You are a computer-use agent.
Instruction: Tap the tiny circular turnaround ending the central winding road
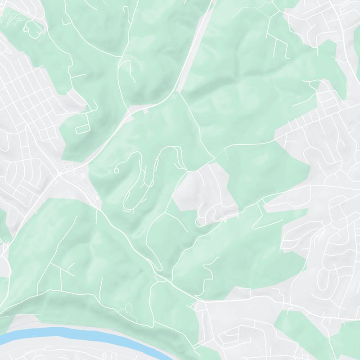click(117, 171)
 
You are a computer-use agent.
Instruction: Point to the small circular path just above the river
click(127, 310)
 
